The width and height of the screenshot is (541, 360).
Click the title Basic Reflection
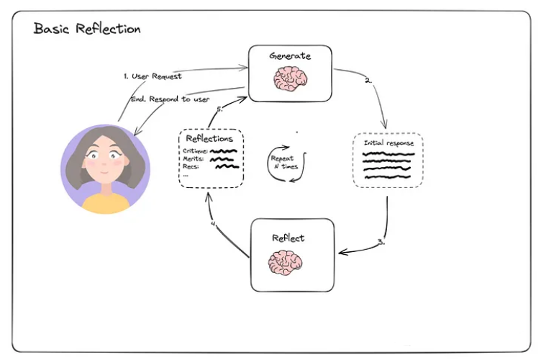(87, 30)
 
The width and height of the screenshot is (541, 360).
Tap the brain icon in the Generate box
(290, 78)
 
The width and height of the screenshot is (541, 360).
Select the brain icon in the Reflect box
(285, 263)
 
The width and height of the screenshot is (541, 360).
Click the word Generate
(290, 55)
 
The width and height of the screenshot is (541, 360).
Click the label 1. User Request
(152, 76)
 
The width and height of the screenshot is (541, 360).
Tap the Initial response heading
(388, 143)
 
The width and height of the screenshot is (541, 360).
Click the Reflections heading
(209, 138)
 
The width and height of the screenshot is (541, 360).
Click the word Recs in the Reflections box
(191, 167)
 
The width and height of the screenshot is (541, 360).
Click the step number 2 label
(368, 81)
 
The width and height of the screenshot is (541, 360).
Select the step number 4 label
(213, 223)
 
